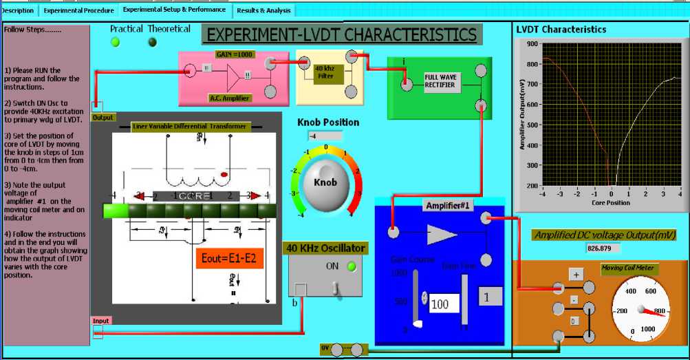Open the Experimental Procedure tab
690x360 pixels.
[78, 10]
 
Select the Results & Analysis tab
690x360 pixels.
[264, 11]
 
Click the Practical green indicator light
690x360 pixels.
[115, 42]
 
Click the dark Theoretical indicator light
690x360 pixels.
[152, 42]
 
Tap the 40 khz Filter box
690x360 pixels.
[325, 72]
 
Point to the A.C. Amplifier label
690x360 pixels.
[230, 98]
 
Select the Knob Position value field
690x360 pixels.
[325, 136]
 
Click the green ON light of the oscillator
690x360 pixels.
[352, 266]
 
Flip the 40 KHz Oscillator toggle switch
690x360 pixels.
[336, 288]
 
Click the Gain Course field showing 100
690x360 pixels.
[443, 303]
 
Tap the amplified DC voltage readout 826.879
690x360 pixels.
[603, 248]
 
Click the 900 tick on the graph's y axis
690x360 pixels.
[531, 43]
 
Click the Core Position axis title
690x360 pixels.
[610, 203]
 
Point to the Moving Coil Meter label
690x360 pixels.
[629, 268]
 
